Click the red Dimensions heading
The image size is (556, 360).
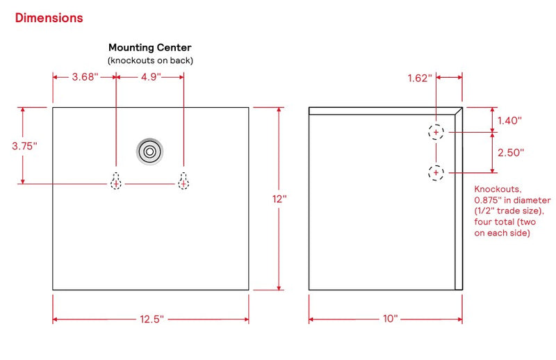point(49,18)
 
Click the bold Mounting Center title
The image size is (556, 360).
point(150,47)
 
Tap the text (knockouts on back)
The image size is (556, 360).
point(150,60)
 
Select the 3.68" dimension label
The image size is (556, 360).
point(85,76)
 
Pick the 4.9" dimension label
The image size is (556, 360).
point(151,76)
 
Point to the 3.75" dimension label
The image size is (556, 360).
point(24,146)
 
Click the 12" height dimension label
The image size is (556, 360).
point(279,199)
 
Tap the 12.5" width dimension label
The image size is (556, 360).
point(152,319)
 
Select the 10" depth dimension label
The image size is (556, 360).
point(390,318)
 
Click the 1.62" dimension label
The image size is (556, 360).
point(420,78)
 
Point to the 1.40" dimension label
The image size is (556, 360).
point(509,121)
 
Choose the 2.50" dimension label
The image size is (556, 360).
point(511,152)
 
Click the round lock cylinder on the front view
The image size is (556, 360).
point(149,152)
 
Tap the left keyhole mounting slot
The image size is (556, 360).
point(116,181)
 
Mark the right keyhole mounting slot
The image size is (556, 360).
point(183,181)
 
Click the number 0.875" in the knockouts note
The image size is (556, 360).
point(488,200)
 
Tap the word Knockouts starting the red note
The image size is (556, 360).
point(498,189)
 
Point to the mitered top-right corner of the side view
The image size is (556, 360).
point(462,108)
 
